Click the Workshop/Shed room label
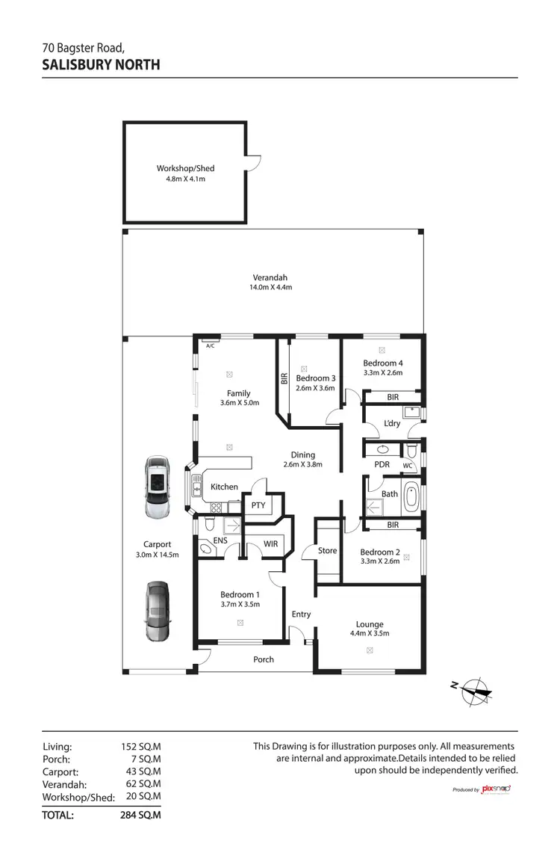click(185, 168)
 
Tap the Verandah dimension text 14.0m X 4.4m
click(270, 288)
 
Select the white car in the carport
click(158, 487)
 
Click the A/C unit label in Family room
click(211, 345)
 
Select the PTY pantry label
click(259, 505)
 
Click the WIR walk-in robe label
click(270, 544)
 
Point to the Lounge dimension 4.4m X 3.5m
click(370, 634)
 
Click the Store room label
click(327, 552)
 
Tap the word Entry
click(301, 614)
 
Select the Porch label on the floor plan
click(264, 659)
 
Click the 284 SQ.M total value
click(140, 816)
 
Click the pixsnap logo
click(495, 789)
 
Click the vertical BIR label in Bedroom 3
click(283, 379)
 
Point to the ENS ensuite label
click(220, 540)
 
